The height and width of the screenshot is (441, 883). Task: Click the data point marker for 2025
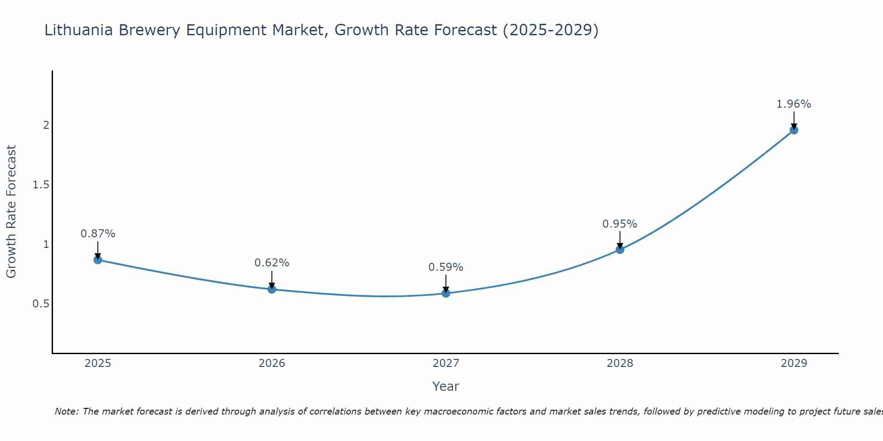[x=98, y=260]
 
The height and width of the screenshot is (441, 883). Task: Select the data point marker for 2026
[x=272, y=289]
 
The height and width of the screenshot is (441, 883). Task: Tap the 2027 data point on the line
[x=446, y=293]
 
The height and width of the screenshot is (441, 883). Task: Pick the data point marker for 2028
[x=620, y=250]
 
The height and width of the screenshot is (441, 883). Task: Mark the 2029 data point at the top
[x=794, y=130]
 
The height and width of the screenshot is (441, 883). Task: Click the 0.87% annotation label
[x=98, y=234]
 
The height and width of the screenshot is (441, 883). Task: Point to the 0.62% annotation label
[x=272, y=263]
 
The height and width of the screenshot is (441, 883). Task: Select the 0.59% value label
[x=446, y=267]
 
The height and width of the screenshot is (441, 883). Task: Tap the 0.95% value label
[x=620, y=224]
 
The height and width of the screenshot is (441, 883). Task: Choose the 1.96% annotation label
[x=794, y=104]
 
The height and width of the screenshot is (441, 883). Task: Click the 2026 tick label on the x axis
[x=272, y=363]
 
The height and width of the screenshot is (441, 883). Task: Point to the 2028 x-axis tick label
[x=620, y=363]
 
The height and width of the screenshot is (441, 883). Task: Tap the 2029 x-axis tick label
[x=794, y=363]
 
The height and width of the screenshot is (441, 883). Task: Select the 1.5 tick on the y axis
[x=41, y=185]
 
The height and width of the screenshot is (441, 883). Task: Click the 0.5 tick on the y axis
[x=41, y=304]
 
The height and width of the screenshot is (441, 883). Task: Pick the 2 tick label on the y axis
[x=46, y=125]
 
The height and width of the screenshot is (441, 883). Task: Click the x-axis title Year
[x=446, y=386]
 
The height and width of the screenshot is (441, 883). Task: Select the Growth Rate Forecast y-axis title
[x=11, y=212]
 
